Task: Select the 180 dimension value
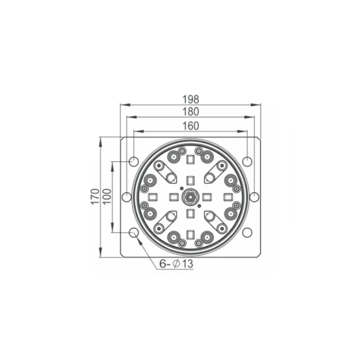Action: click(190, 112)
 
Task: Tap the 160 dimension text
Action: click(190, 126)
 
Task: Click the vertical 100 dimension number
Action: click(107, 197)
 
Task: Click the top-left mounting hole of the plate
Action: click(134, 161)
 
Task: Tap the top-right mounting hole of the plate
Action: click(247, 161)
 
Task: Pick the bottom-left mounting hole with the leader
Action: click(134, 232)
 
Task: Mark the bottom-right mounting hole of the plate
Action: click(247, 232)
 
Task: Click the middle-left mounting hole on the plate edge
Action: click(127, 197)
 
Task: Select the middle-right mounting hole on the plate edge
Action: click(254, 197)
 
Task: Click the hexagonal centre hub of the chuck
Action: click(190, 197)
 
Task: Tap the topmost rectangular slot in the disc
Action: click(190, 159)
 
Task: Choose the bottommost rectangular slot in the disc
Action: click(190, 234)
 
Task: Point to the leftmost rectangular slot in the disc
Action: click(153, 197)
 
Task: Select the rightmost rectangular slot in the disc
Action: click(228, 197)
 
